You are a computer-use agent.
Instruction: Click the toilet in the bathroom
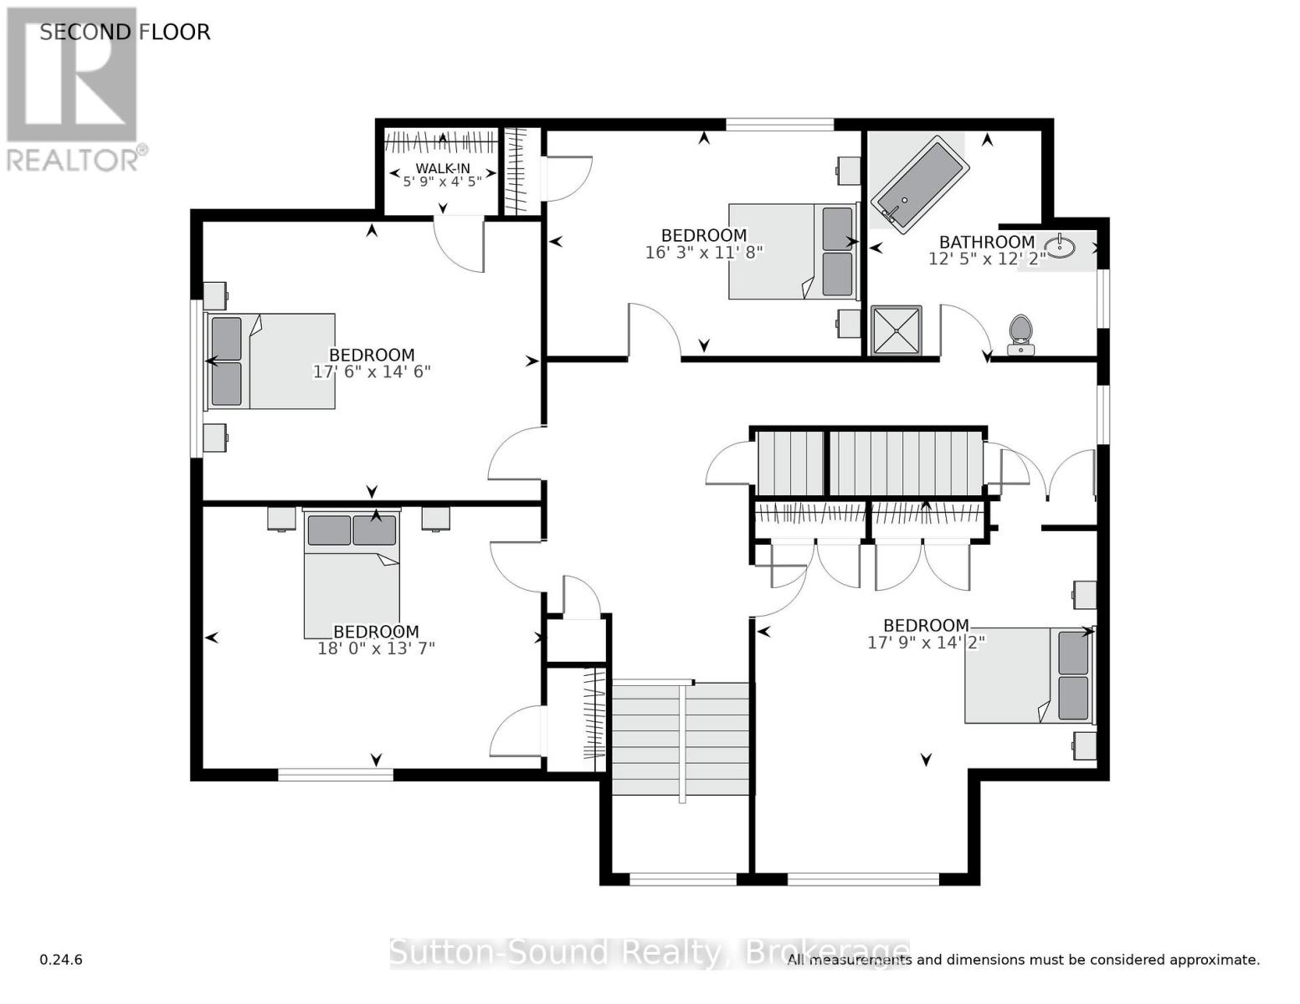[x=1020, y=335]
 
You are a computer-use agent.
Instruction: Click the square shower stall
[x=896, y=330]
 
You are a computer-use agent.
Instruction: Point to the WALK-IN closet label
[x=443, y=168]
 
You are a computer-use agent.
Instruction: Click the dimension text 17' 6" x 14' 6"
[x=372, y=371]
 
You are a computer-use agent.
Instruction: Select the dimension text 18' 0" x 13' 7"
[x=376, y=648]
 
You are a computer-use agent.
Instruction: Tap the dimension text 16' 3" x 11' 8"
[x=704, y=252]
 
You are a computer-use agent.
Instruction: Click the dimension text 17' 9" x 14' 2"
[x=926, y=642]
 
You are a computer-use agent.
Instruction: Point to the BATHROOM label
[x=986, y=242]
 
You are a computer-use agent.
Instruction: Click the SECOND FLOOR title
[x=125, y=32]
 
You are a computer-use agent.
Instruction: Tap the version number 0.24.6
[x=61, y=960]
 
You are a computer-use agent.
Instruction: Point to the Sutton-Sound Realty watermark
[x=649, y=952]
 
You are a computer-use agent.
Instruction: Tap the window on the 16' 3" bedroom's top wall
[x=779, y=125]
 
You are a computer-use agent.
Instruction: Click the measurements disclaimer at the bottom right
[x=1023, y=960]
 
